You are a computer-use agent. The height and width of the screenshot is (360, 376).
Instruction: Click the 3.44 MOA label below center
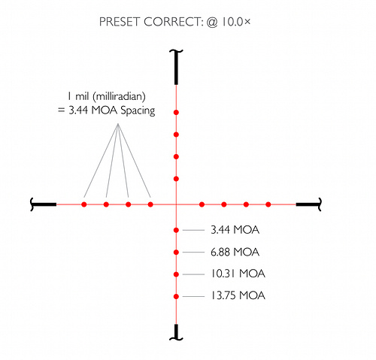pyautogui.click(x=235, y=230)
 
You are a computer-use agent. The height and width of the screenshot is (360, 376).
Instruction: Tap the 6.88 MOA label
pyautogui.click(x=235, y=252)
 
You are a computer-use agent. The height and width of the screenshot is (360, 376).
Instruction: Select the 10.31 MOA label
pyautogui.click(x=238, y=274)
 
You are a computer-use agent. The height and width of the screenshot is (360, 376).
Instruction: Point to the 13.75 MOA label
pyautogui.click(x=238, y=295)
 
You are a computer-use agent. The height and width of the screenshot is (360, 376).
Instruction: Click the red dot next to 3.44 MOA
pyautogui.click(x=176, y=230)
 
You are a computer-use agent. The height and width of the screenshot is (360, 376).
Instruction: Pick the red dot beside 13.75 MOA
pyautogui.click(x=176, y=296)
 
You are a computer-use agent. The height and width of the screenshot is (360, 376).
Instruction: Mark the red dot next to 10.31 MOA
pyautogui.click(x=176, y=274)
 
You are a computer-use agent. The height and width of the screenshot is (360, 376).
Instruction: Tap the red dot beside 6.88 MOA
pyautogui.click(x=176, y=252)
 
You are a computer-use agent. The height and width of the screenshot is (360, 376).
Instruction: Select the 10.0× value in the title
pyautogui.click(x=235, y=22)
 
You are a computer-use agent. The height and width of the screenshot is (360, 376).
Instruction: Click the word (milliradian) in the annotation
pyautogui.click(x=119, y=97)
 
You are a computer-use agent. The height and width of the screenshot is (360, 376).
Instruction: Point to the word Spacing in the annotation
pyautogui.click(x=138, y=110)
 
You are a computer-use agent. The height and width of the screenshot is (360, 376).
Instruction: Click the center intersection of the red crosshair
pyautogui.click(x=176, y=204)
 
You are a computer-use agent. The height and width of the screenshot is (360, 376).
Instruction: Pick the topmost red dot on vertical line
pyautogui.click(x=176, y=113)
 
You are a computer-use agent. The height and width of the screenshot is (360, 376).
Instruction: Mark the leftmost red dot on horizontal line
pyautogui.click(x=84, y=204)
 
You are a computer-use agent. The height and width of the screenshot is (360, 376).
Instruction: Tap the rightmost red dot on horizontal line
pyautogui.click(x=268, y=204)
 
